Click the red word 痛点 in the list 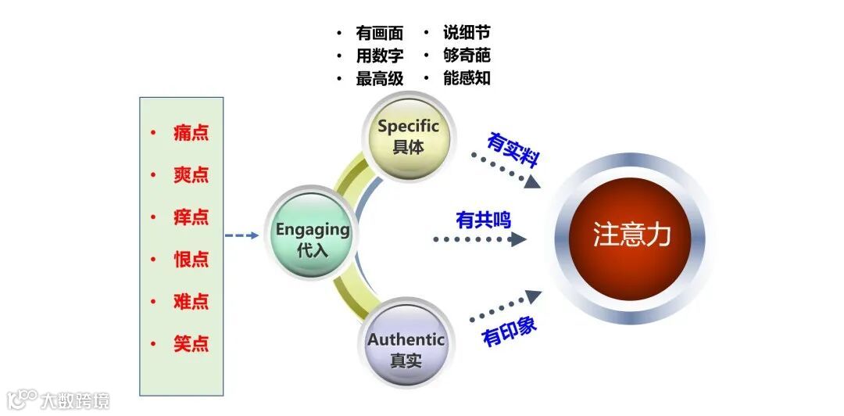point(191,132)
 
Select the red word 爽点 point(191,174)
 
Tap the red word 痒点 point(191,217)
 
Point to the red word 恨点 point(191,259)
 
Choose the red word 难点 point(191,301)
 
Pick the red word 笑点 point(191,343)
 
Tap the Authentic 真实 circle point(406,349)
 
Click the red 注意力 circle point(631,235)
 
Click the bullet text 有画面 point(379,34)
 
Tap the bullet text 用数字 point(379,56)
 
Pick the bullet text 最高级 point(379,78)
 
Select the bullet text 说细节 point(467,34)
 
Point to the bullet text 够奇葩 point(467,56)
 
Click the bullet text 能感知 point(467,78)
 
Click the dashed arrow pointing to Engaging point(241,235)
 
